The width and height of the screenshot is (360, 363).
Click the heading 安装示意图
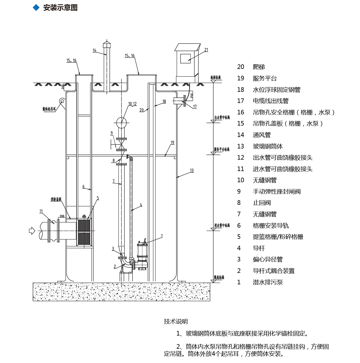coord(60,8)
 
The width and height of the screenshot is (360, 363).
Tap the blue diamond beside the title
coord(36,8)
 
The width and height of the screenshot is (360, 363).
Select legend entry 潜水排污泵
coord(268,282)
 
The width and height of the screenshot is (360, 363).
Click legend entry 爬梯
coord(259,67)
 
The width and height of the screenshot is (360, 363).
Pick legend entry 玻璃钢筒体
coord(268,146)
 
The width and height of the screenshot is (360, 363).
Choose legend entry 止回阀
coord(262,203)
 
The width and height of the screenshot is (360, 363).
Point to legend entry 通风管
coord(262,135)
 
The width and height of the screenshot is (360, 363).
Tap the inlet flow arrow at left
coord(32,231)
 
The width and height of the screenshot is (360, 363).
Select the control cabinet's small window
coord(185,58)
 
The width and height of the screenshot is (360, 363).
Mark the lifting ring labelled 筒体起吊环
coord(62,101)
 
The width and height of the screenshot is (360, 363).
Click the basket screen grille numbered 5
coord(84,232)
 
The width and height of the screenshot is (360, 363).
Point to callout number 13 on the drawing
coord(192,170)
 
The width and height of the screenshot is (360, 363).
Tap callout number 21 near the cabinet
coord(206,50)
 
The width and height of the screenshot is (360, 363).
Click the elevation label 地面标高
coord(215,77)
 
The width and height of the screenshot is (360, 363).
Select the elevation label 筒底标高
coord(219,277)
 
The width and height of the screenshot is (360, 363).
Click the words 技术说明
coord(176,322)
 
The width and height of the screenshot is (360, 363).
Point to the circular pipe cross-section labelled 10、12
coord(121,123)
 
